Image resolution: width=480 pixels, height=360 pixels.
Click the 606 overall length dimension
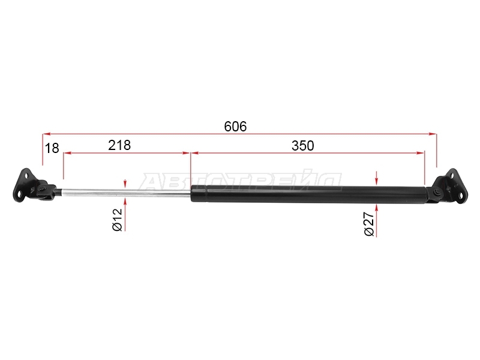pos(235,127)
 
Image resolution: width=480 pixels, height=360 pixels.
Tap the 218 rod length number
pos(119,145)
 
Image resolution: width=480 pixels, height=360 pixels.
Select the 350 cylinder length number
pos(303,146)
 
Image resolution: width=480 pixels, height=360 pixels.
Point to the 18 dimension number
pos(52,148)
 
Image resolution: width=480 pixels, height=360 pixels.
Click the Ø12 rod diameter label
pos(117,220)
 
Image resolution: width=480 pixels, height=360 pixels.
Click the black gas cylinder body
pos(308,194)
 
